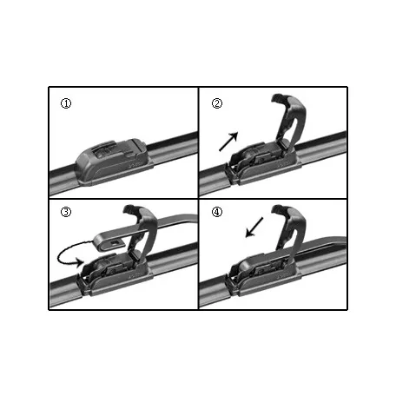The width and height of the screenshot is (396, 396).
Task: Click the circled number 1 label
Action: (66, 103)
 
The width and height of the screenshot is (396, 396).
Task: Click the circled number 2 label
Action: (217, 103)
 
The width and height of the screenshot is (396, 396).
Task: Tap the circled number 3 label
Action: (66, 212)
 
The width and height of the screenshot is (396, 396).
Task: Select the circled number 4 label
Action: (217, 212)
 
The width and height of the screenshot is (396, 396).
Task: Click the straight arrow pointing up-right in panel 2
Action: (228, 142)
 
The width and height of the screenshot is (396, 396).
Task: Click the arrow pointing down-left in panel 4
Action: (254, 228)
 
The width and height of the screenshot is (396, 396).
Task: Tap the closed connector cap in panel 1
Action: (115, 162)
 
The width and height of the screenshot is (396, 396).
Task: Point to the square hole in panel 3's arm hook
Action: (115, 242)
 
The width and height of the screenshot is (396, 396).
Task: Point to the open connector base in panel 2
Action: (262, 163)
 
